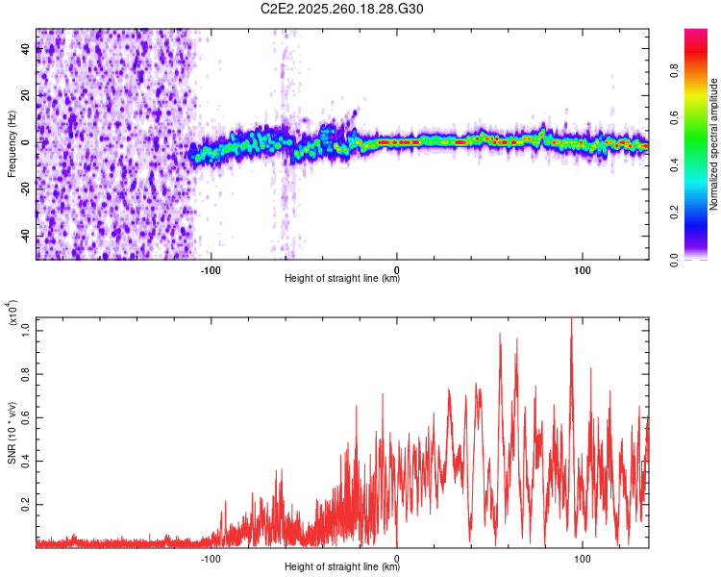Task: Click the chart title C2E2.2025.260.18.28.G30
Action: coord(343,9)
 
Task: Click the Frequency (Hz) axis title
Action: coord(12,144)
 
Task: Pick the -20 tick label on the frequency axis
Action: coord(25,189)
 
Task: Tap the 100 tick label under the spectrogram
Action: coord(583,269)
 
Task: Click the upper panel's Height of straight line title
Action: coord(342,279)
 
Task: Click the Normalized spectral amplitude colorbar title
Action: coord(714,144)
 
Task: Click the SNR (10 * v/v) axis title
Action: coord(12,430)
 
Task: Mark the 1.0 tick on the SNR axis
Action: coord(26,329)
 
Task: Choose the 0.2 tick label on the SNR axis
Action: coord(26,504)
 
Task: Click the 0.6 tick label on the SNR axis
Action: coord(26,416)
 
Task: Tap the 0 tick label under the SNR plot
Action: coord(397,558)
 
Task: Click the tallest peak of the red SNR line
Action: coord(572,318)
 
